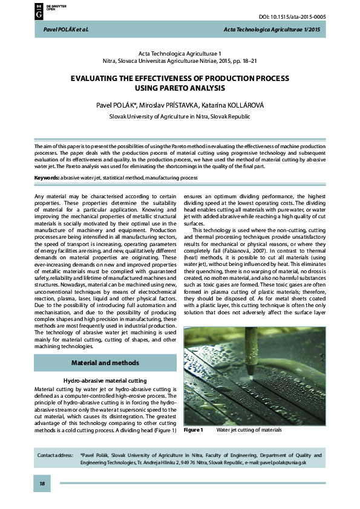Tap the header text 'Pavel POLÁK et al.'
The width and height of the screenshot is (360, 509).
tap(62, 30)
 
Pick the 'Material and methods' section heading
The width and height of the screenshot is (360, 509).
tap(105, 363)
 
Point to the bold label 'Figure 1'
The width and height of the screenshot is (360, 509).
tap(194, 430)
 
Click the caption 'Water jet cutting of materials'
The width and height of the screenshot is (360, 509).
tap(249, 430)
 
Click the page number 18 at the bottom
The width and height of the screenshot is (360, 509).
tap(42, 484)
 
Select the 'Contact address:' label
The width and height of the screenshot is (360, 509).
tap(56, 455)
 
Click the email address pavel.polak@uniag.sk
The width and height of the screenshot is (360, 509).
tap(284, 462)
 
